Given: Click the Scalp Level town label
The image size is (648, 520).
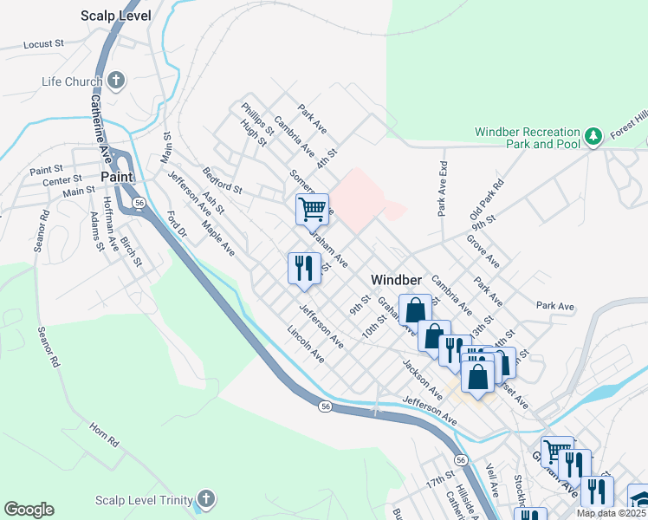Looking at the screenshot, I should point(115,16).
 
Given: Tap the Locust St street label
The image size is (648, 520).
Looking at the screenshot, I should point(44,43).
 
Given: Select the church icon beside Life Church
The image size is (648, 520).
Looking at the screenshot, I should point(114,82).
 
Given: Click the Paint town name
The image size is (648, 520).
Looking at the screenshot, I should point(116,176).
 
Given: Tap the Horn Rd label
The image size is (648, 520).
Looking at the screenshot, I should point(103,434).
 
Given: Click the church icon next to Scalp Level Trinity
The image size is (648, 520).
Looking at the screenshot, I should point(204,499).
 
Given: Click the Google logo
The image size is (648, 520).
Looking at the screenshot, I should point(29,510).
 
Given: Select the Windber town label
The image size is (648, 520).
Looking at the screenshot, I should point(396,280).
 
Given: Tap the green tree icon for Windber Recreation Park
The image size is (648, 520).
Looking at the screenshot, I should point(593,137).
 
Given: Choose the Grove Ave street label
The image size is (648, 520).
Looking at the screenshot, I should point(483,250).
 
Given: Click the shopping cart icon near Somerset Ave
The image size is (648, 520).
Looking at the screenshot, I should point(312,208).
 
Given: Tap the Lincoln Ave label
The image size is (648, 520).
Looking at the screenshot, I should point(306,344).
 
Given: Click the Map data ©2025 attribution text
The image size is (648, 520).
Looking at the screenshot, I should point(612,512).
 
